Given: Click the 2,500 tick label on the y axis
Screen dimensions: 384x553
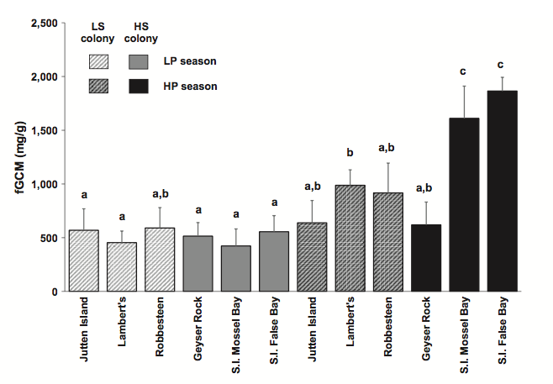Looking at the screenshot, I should pos(41,23).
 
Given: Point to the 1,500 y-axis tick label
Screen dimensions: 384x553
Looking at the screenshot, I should pos(41,130).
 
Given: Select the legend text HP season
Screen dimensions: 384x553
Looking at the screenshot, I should pos(190,86).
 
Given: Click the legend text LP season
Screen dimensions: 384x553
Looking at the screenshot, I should pos(190,61).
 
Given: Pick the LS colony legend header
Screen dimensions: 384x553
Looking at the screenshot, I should pos(103,31).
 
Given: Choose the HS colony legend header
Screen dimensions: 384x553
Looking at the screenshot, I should pos(146,31).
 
